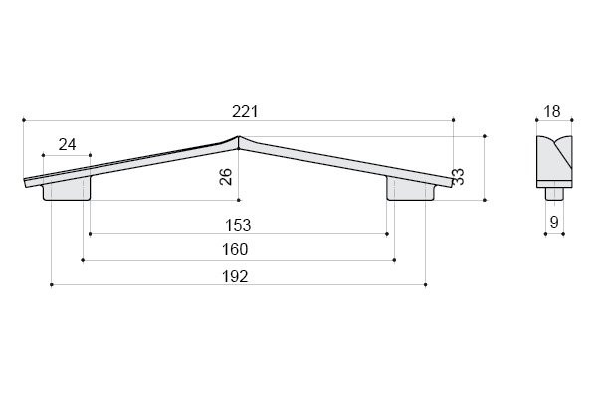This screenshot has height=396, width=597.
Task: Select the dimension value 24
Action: [67, 144]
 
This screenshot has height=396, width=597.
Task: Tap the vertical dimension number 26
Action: [226, 178]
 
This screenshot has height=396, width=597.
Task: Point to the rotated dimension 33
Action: [458, 177]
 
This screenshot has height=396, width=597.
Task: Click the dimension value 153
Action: [237, 225]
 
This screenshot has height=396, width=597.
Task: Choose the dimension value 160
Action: [237, 249]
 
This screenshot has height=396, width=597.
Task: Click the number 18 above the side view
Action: [554, 111]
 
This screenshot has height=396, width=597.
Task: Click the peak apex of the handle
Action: [238, 138]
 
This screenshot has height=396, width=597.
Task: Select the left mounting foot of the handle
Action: [67, 191]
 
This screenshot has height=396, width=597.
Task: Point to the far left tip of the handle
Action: [24, 182]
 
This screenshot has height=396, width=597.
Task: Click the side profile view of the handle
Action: [554, 157]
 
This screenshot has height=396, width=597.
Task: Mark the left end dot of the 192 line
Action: [50, 284]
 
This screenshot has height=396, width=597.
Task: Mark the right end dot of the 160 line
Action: [395, 259]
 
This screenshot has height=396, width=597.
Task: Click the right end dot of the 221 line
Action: [454, 120]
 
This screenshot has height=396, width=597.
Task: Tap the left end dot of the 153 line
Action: [90, 234]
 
